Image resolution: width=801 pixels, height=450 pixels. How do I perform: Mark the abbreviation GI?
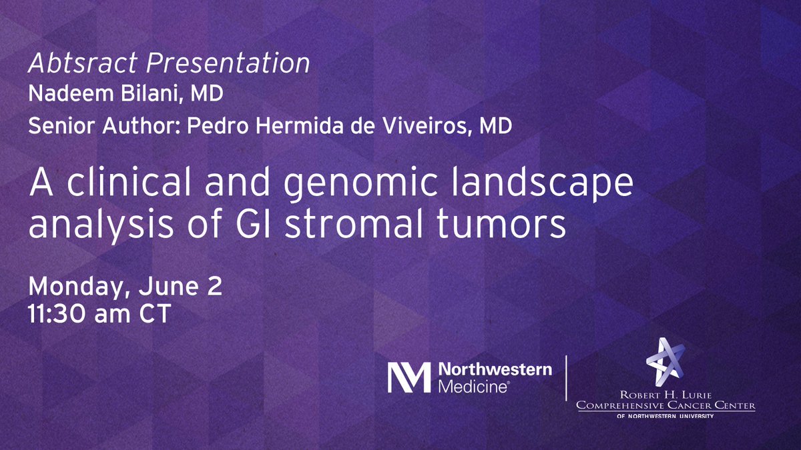point(238,227)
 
